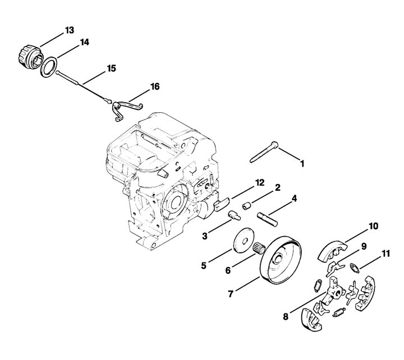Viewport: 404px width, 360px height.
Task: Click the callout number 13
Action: tap(70, 30)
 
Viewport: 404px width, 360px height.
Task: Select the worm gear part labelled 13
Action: tap(31, 57)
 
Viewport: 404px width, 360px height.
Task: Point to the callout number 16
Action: tap(155, 87)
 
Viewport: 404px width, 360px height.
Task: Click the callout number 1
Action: tap(302, 164)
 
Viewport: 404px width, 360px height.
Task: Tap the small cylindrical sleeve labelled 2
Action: tap(247, 206)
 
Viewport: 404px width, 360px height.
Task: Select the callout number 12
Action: tap(260, 183)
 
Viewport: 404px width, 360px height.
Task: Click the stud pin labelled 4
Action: tap(267, 219)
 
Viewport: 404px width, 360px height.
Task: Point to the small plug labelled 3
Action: tap(234, 215)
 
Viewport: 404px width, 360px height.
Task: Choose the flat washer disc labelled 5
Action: tap(244, 240)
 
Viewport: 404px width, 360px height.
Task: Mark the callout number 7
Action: tap(231, 294)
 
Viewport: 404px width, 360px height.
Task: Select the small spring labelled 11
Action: tap(355, 267)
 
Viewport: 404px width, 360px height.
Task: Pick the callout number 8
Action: tap(286, 316)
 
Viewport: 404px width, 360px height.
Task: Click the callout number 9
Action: tap(364, 247)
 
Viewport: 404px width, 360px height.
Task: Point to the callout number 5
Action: tap(204, 265)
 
